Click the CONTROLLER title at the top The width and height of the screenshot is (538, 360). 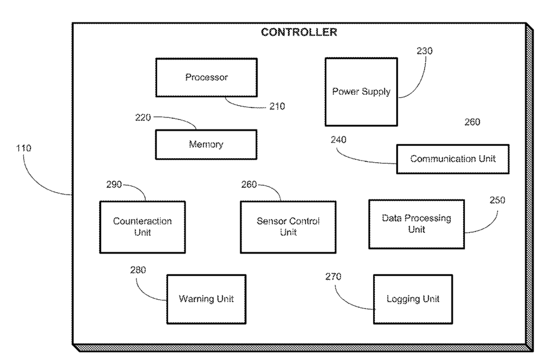[299, 32]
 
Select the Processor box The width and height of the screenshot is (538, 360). [206, 77]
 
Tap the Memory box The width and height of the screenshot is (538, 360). [206, 144]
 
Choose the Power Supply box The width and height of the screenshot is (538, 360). [362, 92]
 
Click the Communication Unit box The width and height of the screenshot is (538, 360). [453, 159]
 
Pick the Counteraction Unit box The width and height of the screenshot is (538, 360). [142, 227]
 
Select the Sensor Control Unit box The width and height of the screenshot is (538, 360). [288, 227]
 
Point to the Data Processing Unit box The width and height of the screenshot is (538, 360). [416, 224]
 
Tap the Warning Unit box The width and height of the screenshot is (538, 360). [206, 299]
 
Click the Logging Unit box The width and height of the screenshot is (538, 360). [413, 299]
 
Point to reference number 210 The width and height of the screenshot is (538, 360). [277, 106]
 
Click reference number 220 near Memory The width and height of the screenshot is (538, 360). [143, 117]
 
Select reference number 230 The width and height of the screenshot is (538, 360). [424, 51]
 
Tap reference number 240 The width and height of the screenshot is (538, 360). [338, 139]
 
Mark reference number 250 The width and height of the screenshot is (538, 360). [497, 200]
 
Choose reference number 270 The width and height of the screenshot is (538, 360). [333, 276]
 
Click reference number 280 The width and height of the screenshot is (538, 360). [138, 270]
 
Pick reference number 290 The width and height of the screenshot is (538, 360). [114, 184]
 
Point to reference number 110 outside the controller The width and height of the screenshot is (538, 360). [23, 148]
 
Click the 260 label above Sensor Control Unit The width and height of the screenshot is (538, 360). [249, 184]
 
